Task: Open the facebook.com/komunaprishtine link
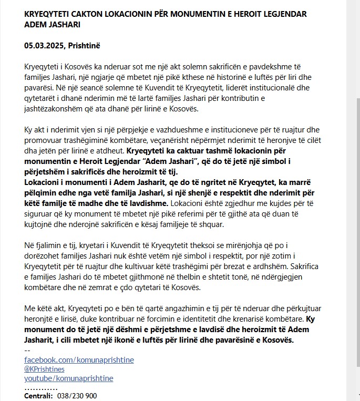click(79, 359)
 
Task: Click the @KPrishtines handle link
click(44, 369)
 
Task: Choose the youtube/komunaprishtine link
click(69, 378)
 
